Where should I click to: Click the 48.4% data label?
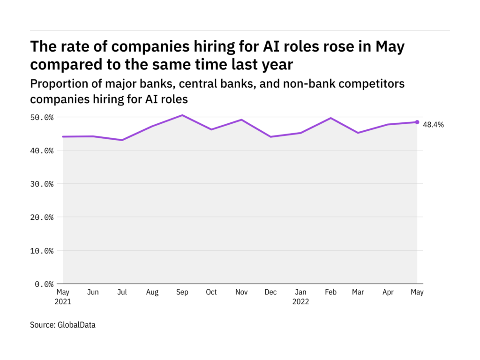433,125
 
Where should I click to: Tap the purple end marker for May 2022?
417,122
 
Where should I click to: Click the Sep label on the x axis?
182,292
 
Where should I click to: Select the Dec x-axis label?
270,292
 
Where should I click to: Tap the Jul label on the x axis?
122,292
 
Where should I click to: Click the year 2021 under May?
64,302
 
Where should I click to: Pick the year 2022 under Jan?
300,302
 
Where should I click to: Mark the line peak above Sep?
182,115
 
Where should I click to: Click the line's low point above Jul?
122,140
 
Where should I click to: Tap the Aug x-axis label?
152,292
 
